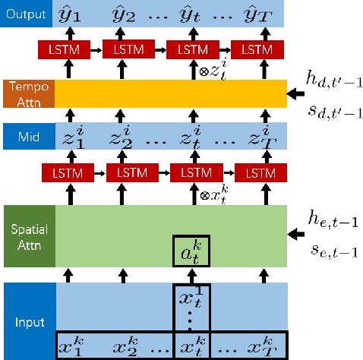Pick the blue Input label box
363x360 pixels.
click(x=27, y=321)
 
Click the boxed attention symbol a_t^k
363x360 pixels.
click(x=190, y=249)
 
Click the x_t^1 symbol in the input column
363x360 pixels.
click(x=191, y=298)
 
